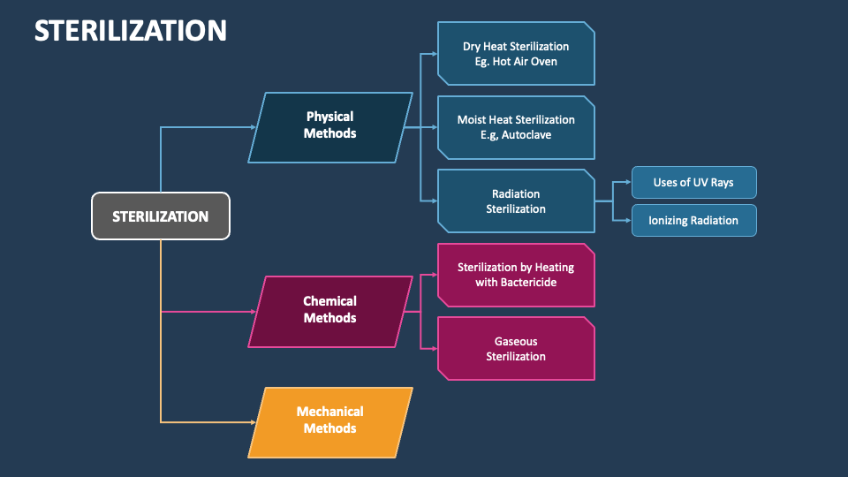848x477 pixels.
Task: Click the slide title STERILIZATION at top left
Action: pyautogui.click(x=131, y=30)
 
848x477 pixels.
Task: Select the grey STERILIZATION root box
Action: pyautogui.click(x=161, y=216)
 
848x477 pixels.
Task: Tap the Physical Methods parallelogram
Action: pyautogui.click(x=330, y=125)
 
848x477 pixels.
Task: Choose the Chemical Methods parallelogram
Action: pyautogui.click(x=330, y=310)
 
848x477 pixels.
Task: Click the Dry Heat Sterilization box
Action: pyautogui.click(x=516, y=54)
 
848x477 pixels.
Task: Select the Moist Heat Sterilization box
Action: pyautogui.click(x=516, y=127)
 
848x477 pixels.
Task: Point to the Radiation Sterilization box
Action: pyautogui.click(x=516, y=201)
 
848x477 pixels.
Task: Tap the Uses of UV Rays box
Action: pyautogui.click(x=693, y=183)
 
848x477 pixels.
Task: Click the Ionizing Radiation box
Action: pyautogui.click(x=693, y=220)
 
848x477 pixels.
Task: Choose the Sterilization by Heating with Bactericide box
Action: pyautogui.click(x=516, y=275)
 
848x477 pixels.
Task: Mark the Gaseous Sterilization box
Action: pyautogui.click(x=516, y=349)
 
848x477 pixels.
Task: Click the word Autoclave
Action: pyautogui.click(x=527, y=135)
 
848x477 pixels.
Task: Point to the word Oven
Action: pyautogui.click(x=543, y=62)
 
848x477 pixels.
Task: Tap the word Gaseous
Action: pyautogui.click(x=516, y=341)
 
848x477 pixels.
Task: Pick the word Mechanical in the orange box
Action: pyautogui.click(x=330, y=412)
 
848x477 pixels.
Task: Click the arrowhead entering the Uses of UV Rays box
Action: pyautogui.click(x=628, y=183)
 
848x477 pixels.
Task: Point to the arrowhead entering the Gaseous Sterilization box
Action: pyautogui.click(x=434, y=349)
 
